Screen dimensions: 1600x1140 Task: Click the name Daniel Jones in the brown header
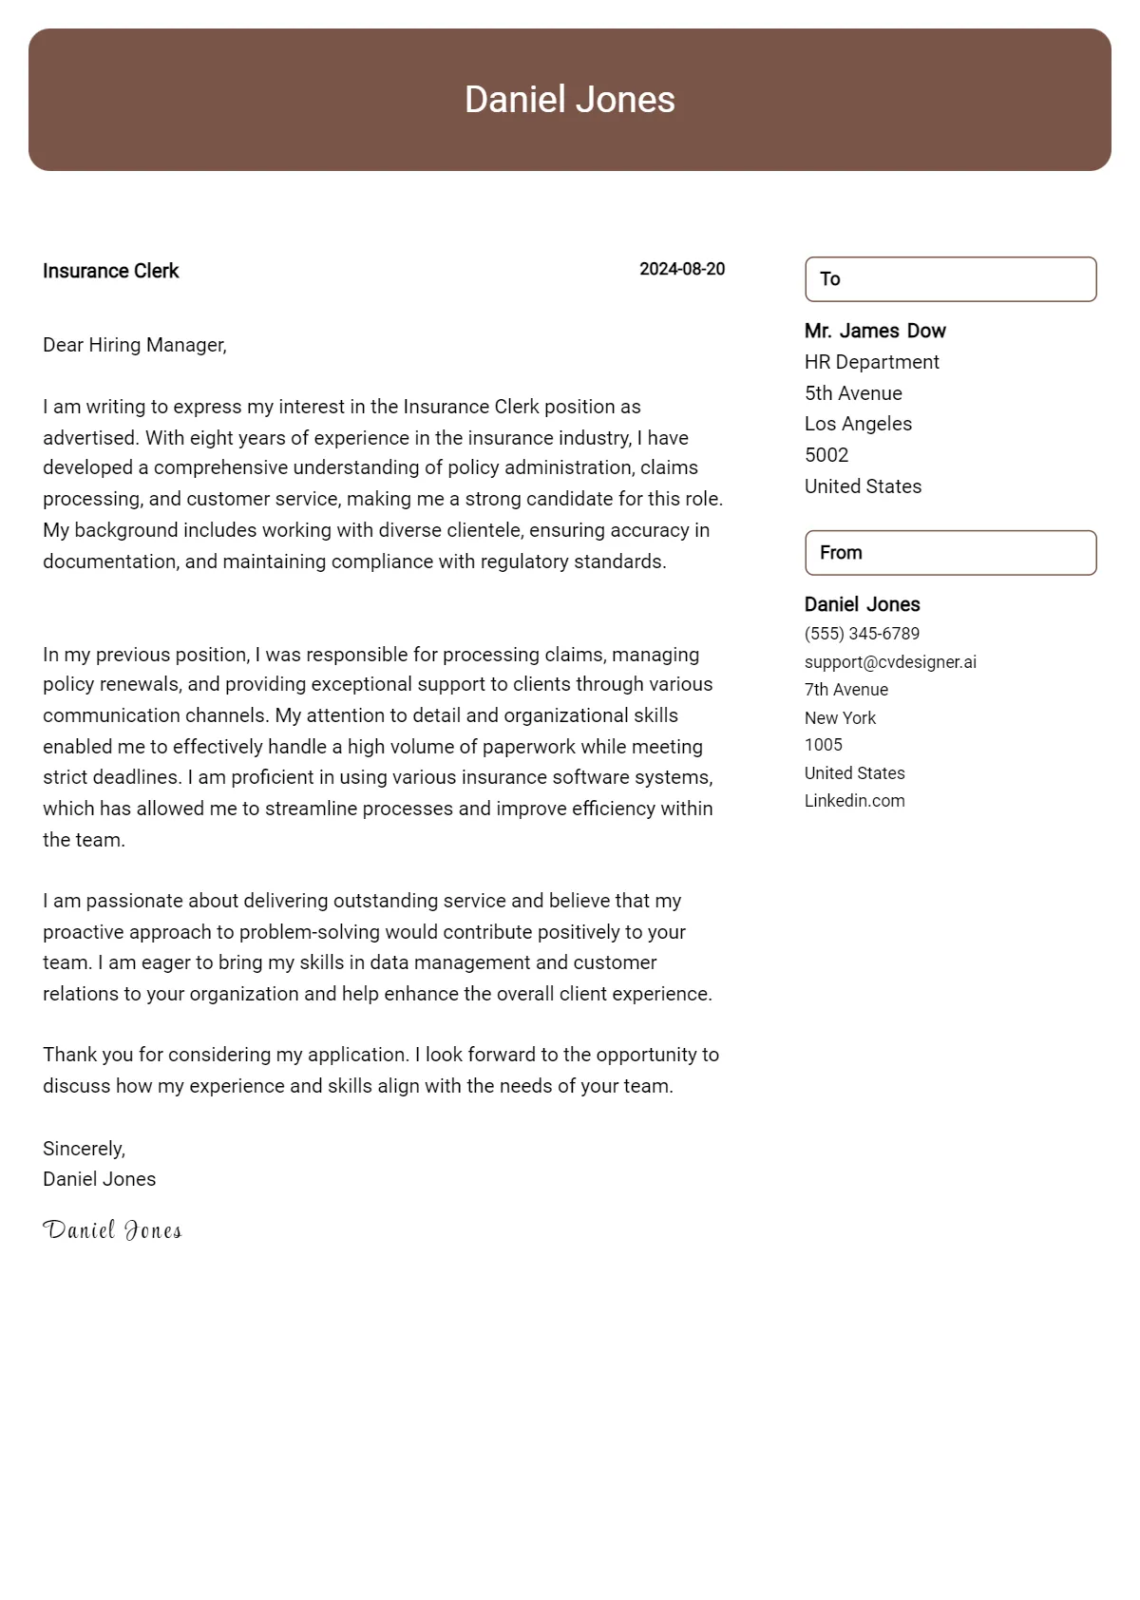click(x=569, y=100)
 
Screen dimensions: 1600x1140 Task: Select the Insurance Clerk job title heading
click(x=111, y=271)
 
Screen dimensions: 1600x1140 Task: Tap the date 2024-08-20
click(x=682, y=269)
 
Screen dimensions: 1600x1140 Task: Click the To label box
click(x=950, y=279)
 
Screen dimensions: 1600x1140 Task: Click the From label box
click(x=950, y=553)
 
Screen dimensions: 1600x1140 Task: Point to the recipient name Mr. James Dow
click(x=875, y=331)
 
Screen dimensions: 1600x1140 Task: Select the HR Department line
click(x=871, y=362)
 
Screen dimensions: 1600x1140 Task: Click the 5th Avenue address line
click(x=853, y=393)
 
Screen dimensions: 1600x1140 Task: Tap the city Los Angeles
click(x=858, y=424)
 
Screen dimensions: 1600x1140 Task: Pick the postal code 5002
click(x=826, y=455)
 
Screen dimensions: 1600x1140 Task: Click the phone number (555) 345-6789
click(x=862, y=634)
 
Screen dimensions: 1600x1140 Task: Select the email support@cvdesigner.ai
click(x=890, y=662)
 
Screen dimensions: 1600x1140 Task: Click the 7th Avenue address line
click(x=846, y=690)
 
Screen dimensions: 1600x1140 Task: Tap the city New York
click(x=840, y=718)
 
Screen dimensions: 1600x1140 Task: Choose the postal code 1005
click(x=824, y=745)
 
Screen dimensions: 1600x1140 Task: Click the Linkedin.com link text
click(x=854, y=801)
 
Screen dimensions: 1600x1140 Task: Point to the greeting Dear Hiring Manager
click(x=135, y=345)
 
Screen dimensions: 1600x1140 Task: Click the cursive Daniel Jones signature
click(x=112, y=1230)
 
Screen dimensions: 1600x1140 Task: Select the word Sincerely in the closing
click(x=84, y=1149)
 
